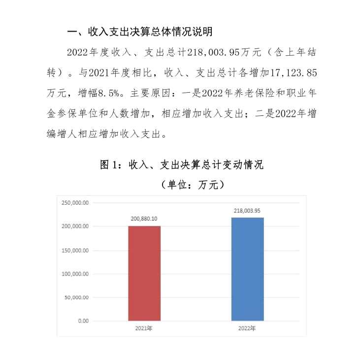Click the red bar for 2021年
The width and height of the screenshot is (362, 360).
coord(144,273)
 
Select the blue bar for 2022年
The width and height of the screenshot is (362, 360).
coord(247,269)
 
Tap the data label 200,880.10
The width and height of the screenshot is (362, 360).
coord(144,218)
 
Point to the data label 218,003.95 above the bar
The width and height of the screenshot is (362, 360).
coord(247,210)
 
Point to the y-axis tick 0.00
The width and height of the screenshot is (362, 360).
coord(83,321)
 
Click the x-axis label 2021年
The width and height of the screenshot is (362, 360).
coord(144,328)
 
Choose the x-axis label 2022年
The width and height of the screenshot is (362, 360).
coord(247,328)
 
